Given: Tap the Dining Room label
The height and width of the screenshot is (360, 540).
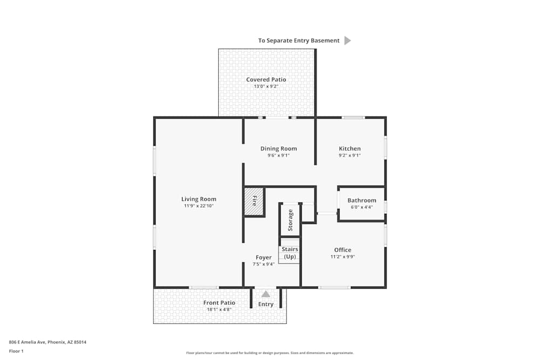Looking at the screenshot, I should point(279,149).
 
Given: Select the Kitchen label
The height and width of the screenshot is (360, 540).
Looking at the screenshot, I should point(349,149).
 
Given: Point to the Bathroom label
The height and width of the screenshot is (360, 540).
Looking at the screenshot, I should point(362,200).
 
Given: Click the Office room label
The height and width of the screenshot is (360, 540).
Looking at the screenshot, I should point(342,250).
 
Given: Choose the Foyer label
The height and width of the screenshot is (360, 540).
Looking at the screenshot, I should point(264,257).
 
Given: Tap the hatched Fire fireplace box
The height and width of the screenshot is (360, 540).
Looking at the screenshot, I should point(254,201).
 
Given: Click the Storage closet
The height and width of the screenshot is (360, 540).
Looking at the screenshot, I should point(291,220).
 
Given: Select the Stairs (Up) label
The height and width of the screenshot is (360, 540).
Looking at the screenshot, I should point(290,253).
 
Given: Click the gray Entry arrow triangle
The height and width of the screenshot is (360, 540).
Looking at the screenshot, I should point(266,294).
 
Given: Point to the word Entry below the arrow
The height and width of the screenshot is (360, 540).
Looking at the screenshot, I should point(266,304).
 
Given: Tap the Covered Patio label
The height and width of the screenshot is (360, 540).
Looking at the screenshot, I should point(266,80).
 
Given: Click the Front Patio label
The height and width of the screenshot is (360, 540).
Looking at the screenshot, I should point(219,303).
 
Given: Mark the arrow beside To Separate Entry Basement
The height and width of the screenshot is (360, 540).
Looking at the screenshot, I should point(347,40).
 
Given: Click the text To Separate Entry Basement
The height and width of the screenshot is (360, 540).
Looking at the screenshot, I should point(299,40).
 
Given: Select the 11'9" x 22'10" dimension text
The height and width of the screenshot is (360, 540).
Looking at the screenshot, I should point(199,206).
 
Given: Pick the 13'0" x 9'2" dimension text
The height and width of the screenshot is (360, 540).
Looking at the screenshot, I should point(266,86).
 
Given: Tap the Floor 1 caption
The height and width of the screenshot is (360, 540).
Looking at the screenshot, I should point(16,351).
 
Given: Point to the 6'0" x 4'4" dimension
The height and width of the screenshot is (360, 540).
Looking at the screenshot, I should point(362,207).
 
